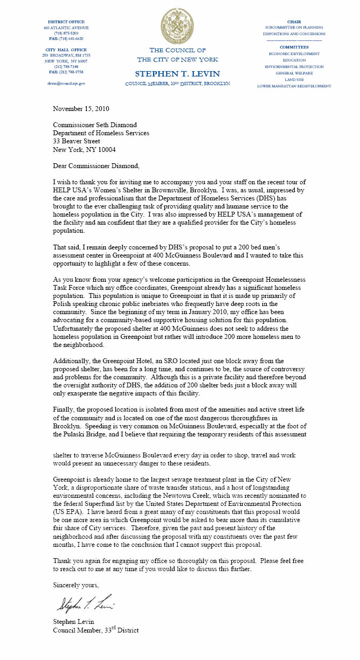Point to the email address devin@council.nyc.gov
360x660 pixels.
[66, 84]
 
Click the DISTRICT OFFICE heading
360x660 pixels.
[66, 22]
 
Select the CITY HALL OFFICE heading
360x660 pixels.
[66, 50]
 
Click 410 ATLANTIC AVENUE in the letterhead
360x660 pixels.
[66, 27]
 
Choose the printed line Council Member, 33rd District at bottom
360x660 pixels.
[95, 630]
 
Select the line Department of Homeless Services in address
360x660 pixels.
[101, 133]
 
